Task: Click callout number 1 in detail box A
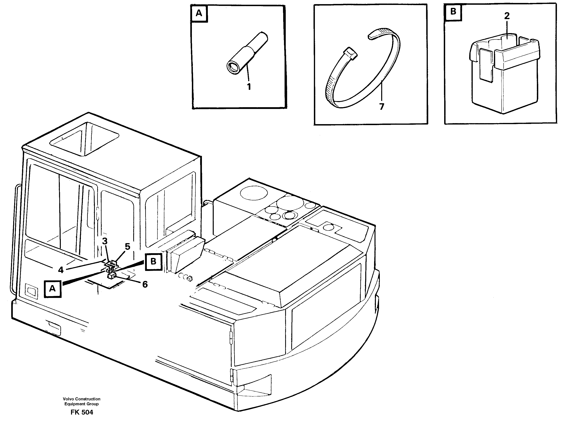249,87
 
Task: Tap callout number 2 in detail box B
507,16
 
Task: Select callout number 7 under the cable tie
382,106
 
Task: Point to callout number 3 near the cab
104,241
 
